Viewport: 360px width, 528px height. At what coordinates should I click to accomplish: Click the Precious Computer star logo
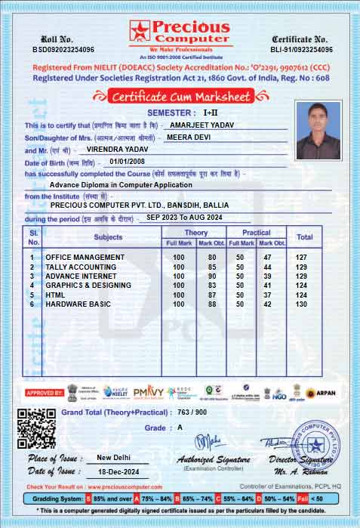point(140,31)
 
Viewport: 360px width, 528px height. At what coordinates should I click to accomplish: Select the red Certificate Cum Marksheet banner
point(179,96)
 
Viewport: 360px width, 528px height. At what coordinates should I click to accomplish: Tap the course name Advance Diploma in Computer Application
point(122,184)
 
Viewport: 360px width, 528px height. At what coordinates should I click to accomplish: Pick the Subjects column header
point(108,237)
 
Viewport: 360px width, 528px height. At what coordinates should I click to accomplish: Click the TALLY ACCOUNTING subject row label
point(81,267)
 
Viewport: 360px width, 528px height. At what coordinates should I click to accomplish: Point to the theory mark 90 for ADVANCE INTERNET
point(212,276)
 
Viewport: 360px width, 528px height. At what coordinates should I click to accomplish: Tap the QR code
point(36,428)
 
